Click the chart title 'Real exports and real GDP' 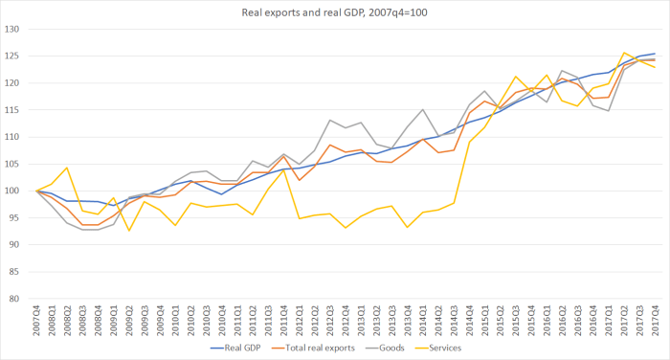tap(335, 11)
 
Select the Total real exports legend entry tap(316, 349)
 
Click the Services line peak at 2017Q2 tap(624, 53)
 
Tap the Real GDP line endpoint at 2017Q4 tap(656, 54)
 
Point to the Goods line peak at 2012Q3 tap(331, 120)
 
